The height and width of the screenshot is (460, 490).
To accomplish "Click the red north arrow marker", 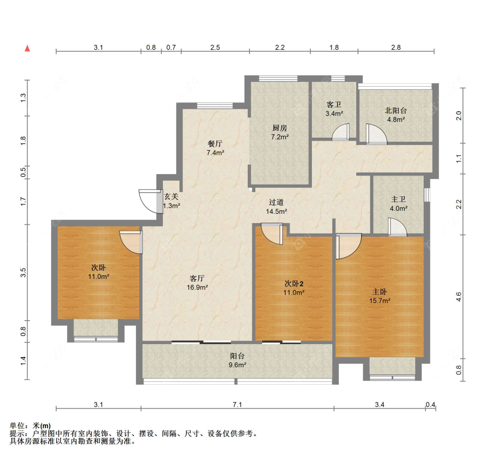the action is pyautogui.click(x=27, y=48).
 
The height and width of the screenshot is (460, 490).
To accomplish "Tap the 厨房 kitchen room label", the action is pyautogui.click(x=280, y=128).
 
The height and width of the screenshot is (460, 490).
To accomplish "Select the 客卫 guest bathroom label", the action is pyautogui.click(x=334, y=105).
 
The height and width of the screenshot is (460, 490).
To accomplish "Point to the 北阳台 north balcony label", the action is pyautogui.click(x=396, y=110).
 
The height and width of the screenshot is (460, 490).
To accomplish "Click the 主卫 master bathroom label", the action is pyautogui.click(x=399, y=199).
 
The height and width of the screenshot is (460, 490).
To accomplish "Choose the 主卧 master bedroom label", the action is pyautogui.click(x=380, y=291).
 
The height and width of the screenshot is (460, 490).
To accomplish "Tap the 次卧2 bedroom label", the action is pyautogui.click(x=294, y=284).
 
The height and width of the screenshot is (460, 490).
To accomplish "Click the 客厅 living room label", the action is pyautogui.click(x=197, y=278).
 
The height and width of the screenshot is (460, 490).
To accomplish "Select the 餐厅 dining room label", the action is pyautogui.click(x=215, y=143).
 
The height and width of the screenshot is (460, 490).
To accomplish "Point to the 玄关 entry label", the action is pyautogui.click(x=171, y=196).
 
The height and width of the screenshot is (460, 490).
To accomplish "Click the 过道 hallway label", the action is pyautogui.click(x=276, y=202).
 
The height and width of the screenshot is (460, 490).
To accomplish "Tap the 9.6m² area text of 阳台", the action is pyautogui.click(x=237, y=365).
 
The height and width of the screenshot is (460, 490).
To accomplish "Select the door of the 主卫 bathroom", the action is pyautogui.click(x=397, y=227).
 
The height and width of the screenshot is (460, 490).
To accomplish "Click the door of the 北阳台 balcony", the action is pyautogui.click(x=377, y=134).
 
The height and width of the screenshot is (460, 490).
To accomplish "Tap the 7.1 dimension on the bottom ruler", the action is pyautogui.click(x=237, y=405).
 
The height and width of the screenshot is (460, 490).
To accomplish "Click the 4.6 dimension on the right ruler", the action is pyautogui.click(x=459, y=297).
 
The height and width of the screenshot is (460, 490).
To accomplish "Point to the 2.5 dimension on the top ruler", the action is pyautogui.click(x=215, y=47).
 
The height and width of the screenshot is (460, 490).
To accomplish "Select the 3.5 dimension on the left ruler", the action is pyautogui.click(x=23, y=273).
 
